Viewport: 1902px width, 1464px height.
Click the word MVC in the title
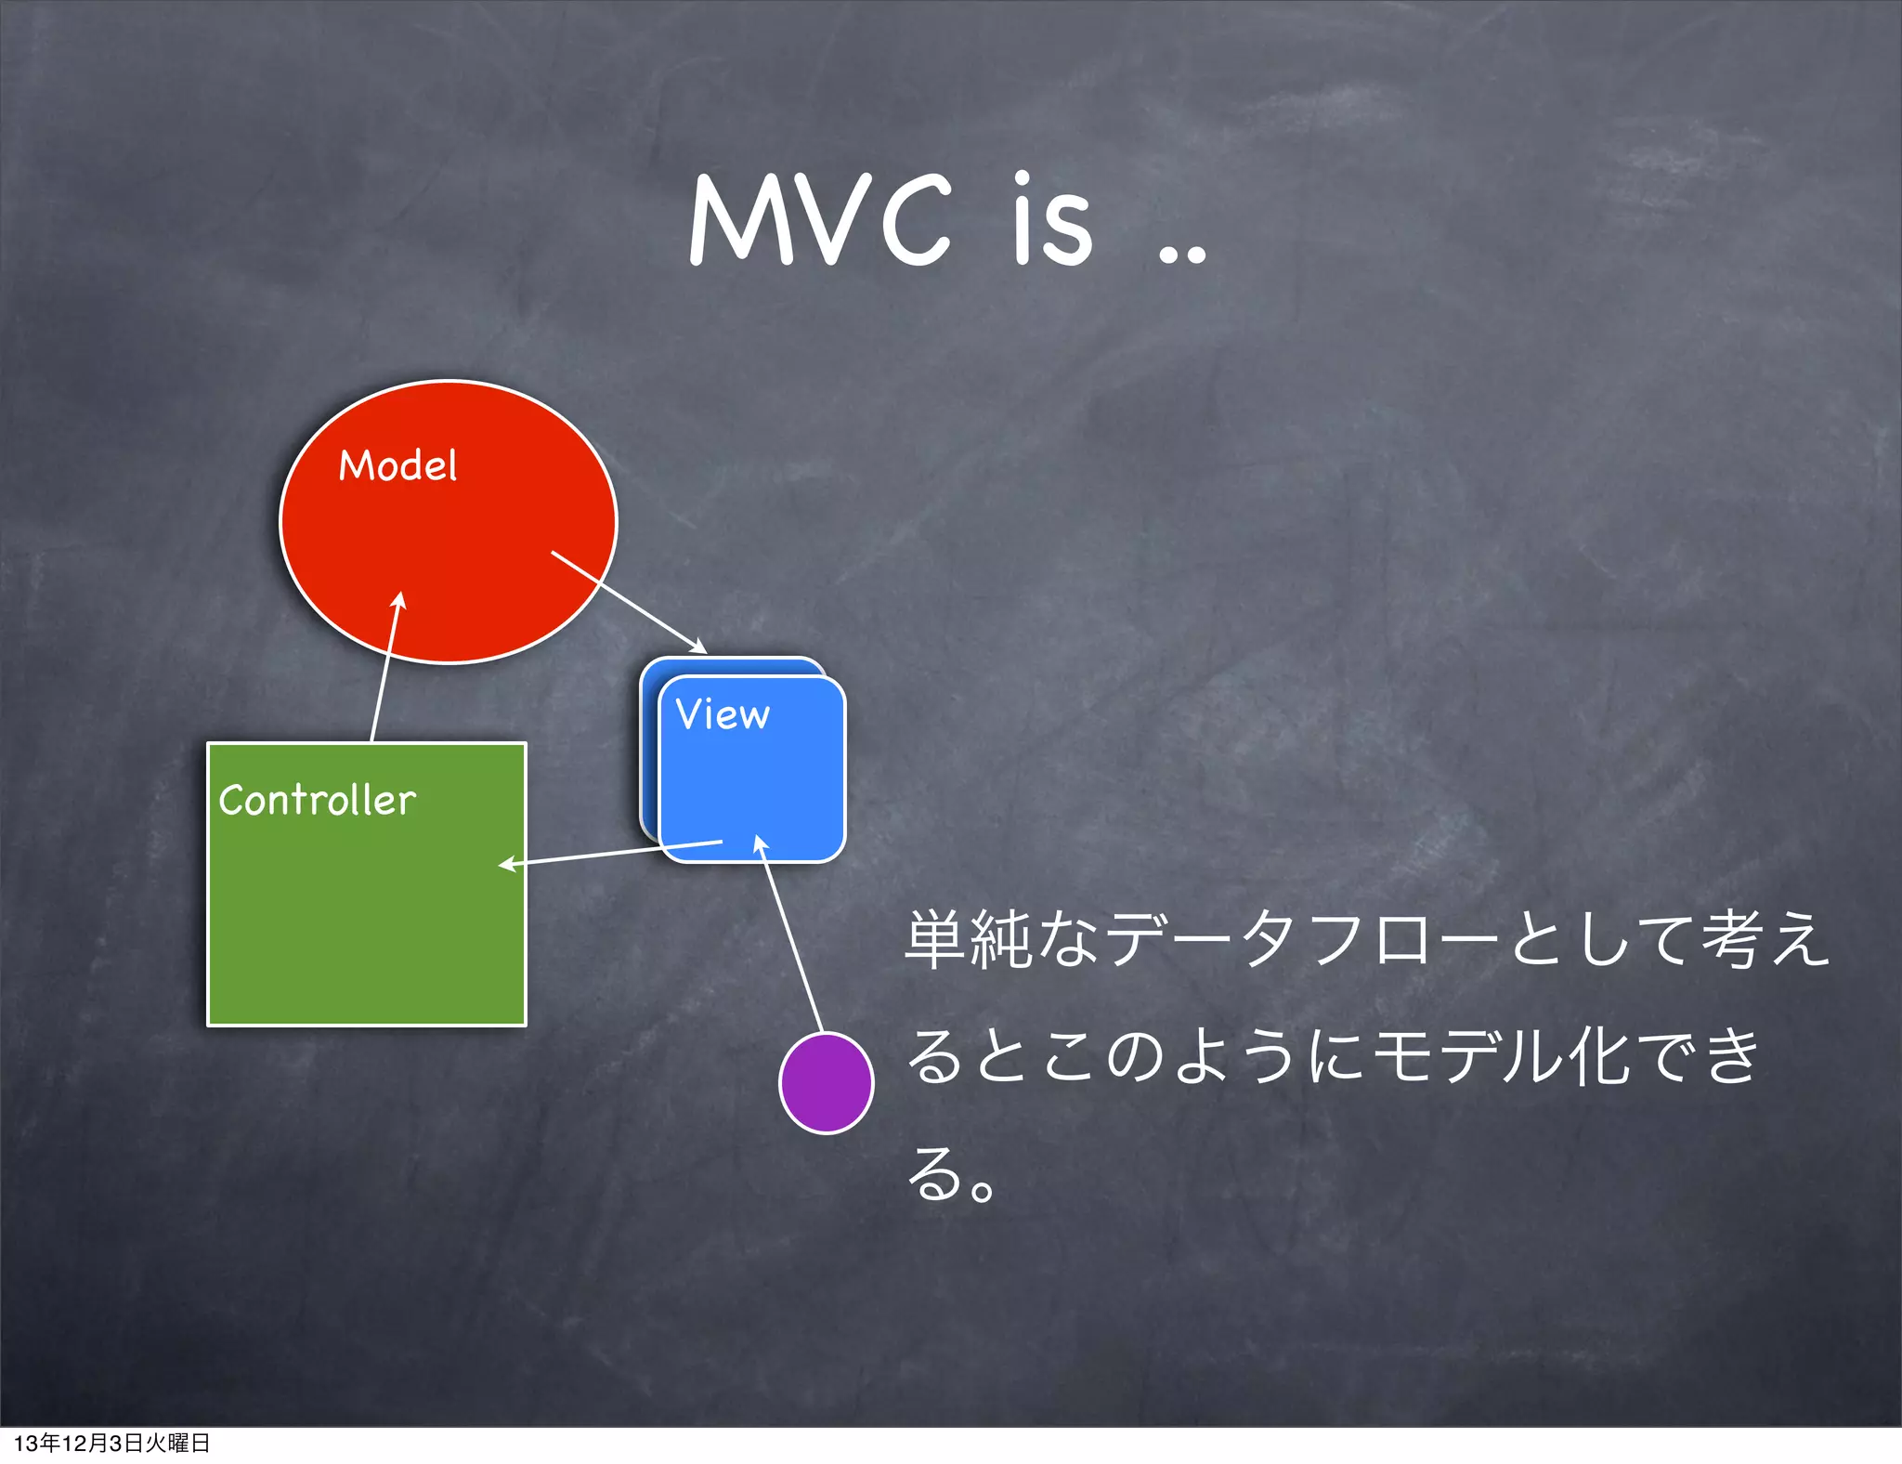coord(821,221)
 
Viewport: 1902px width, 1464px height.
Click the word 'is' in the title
coord(1052,221)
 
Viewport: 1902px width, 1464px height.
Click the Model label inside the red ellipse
coord(397,465)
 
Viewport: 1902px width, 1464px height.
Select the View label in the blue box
coord(723,714)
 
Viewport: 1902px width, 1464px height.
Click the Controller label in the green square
coord(317,801)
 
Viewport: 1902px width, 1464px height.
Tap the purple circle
coord(826,1083)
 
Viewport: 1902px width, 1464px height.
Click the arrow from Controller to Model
coord(384,669)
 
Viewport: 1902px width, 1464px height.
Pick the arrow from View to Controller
coord(613,853)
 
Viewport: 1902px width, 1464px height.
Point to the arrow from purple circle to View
coord(791,935)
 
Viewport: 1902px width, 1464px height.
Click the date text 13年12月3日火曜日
coord(111,1443)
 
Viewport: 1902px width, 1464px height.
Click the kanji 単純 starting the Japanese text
coord(968,940)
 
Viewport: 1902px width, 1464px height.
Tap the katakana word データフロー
coord(1300,940)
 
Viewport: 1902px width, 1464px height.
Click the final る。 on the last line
coord(951,1174)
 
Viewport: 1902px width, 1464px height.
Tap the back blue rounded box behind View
coord(649,743)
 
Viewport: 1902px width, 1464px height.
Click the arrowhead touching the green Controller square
coord(508,864)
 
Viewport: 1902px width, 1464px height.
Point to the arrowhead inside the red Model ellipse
coord(399,602)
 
